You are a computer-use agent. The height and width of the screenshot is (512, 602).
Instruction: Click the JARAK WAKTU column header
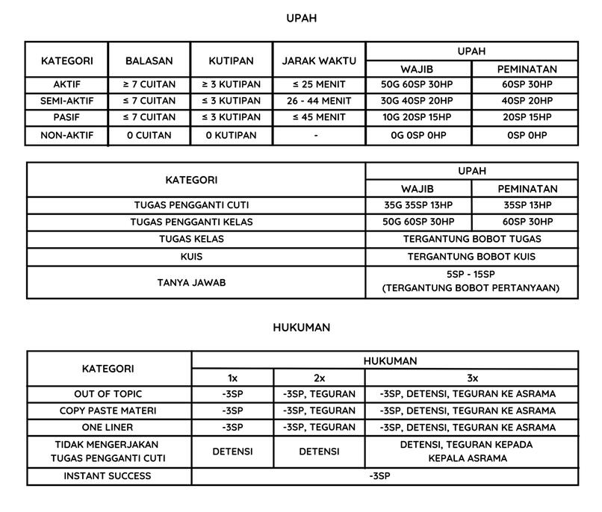(x=318, y=60)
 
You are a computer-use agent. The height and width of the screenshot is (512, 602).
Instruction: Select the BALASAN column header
(x=149, y=60)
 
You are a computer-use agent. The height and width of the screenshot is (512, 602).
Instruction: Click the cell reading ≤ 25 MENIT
(x=318, y=84)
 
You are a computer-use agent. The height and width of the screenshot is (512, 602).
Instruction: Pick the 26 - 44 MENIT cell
(x=318, y=101)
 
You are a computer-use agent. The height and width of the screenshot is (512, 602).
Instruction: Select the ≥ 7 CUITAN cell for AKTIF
(x=149, y=84)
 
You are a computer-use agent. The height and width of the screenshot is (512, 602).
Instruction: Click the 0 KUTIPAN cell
(x=232, y=136)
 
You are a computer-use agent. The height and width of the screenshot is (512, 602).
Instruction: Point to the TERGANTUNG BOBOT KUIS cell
(x=471, y=256)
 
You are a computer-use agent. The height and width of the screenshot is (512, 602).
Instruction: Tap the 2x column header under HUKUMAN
(x=319, y=378)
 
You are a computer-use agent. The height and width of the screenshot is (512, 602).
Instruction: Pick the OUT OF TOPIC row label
(x=108, y=393)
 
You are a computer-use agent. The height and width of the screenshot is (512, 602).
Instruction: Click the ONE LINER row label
(x=108, y=428)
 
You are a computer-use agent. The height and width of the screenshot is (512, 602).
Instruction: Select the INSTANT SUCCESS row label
(x=108, y=476)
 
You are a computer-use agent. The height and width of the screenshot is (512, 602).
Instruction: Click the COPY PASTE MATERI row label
(x=108, y=410)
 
